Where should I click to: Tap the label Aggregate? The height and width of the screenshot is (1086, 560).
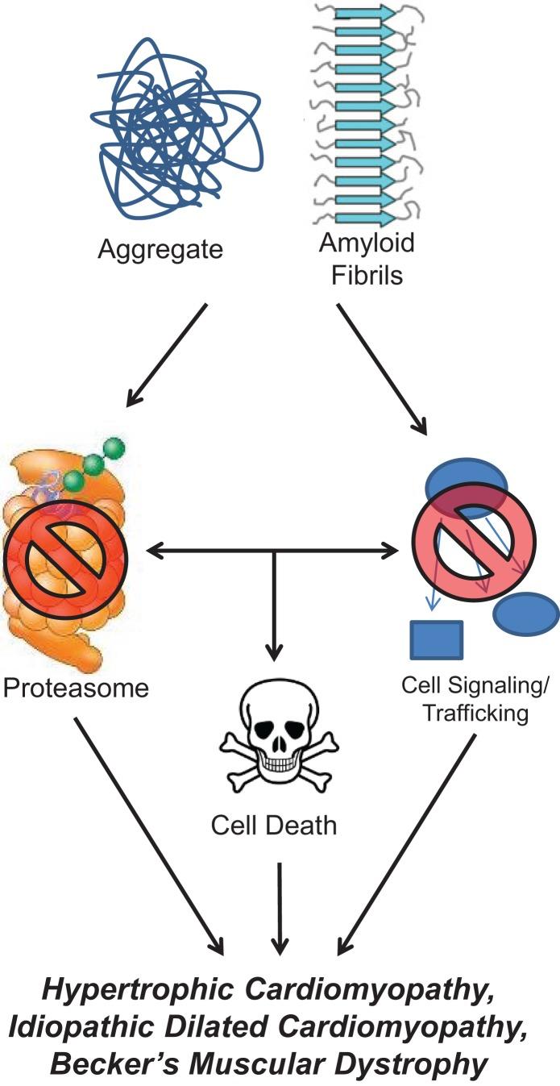pyautogui.click(x=160, y=248)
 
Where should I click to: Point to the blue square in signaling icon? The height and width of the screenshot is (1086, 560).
pyautogui.click(x=436, y=639)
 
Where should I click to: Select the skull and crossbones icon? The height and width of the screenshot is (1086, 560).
pyautogui.click(x=276, y=730)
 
